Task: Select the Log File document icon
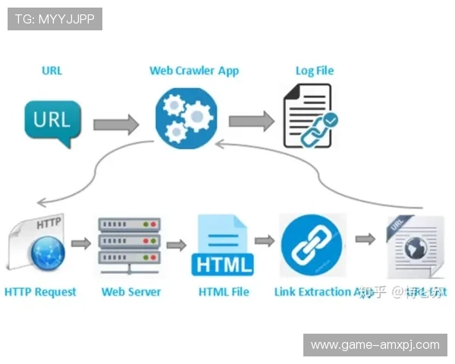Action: (309, 116)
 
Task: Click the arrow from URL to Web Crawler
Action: (116, 124)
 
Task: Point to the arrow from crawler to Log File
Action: (251, 121)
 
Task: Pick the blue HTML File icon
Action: (223, 245)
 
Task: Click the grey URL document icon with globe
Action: (416, 246)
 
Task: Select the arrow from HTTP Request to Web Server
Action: (81, 243)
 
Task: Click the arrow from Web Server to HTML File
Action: (177, 244)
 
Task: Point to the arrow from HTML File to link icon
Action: (265, 240)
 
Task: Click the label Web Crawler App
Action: (194, 71)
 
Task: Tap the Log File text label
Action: (315, 71)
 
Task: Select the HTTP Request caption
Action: (40, 292)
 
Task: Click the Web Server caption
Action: (131, 292)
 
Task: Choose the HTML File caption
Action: (224, 292)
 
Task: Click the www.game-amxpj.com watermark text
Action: (375, 345)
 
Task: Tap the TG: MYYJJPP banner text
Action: (55, 19)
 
